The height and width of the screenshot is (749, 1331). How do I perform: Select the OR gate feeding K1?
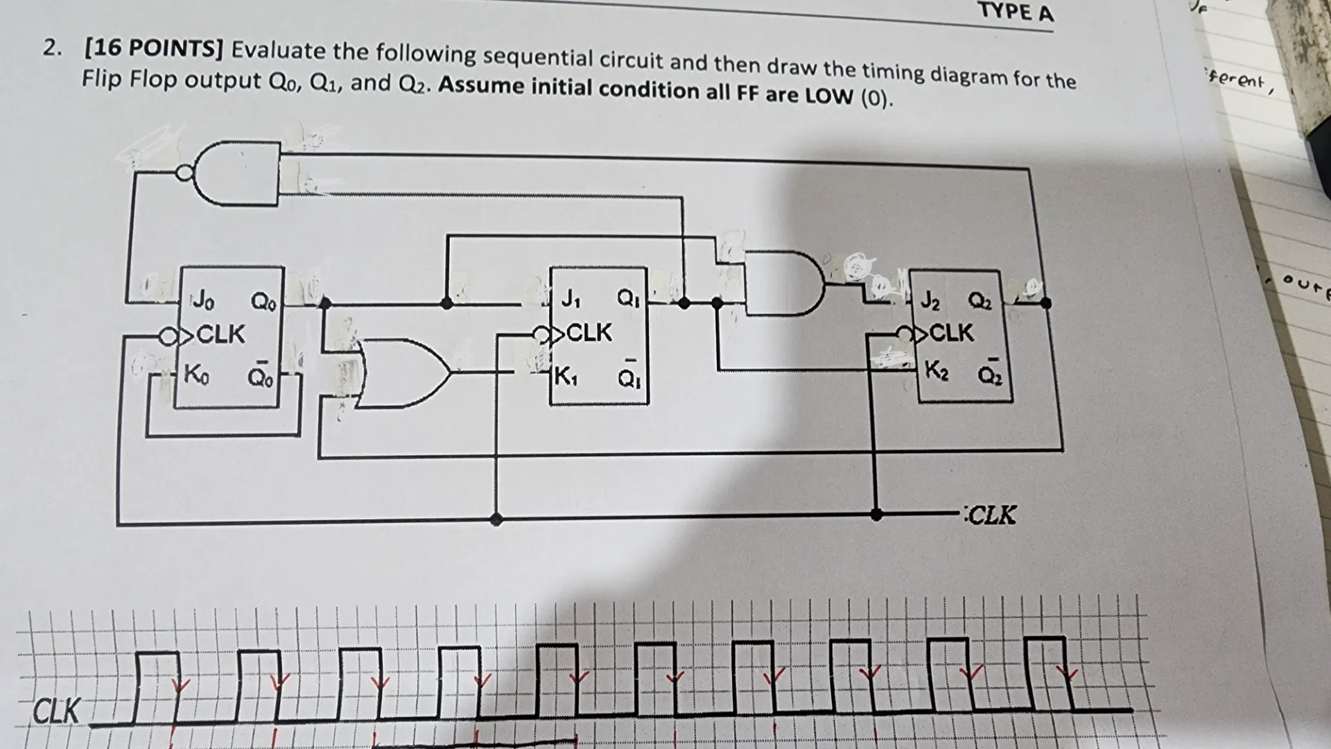click(x=402, y=373)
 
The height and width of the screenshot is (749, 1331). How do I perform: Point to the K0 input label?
click(x=195, y=374)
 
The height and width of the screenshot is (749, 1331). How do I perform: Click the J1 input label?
click(x=570, y=299)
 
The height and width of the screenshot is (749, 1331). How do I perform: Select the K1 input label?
click(x=566, y=377)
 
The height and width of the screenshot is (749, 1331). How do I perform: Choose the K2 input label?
click(x=937, y=369)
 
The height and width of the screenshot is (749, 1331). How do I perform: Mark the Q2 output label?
click(x=980, y=302)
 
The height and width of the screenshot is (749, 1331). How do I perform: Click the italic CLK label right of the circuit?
click(x=991, y=515)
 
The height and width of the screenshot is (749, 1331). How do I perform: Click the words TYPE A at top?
click(x=1016, y=12)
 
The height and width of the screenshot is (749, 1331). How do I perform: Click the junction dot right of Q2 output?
click(x=1045, y=302)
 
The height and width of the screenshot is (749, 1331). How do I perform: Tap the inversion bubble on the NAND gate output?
click(x=184, y=173)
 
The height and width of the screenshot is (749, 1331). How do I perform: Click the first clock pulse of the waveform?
click(x=157, y=687)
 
